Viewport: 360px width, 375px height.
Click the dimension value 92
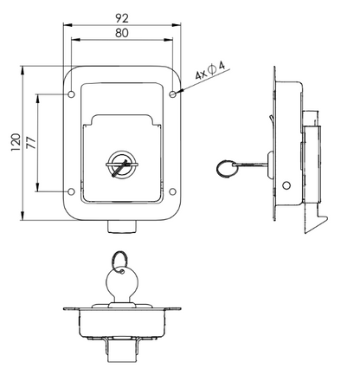click(121, 16)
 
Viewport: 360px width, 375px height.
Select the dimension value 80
click(121, 33)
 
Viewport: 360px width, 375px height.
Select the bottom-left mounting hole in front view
click(70, 191)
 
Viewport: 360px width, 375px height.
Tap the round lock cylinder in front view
click(121, 164)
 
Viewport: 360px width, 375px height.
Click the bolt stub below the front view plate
click(121, 227)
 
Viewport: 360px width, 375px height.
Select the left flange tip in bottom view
click(67, 311)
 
